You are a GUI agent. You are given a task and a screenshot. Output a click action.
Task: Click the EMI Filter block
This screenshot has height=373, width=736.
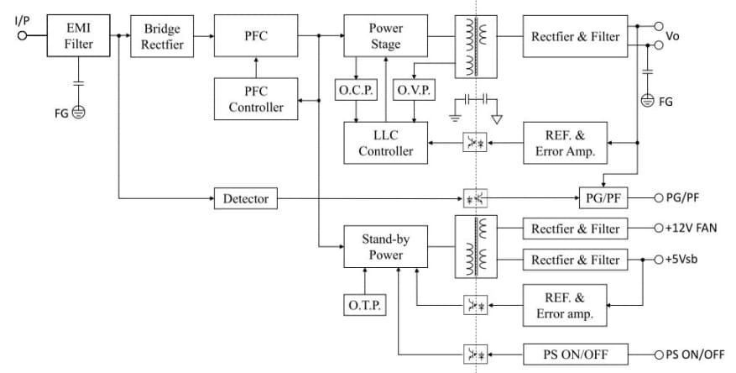point(79,36)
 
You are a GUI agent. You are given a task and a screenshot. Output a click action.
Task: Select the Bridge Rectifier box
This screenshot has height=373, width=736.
point(161,36)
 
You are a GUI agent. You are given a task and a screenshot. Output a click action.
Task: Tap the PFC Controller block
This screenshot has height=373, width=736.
point(256,98)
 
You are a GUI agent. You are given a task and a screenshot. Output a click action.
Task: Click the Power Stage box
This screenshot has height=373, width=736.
point(385,36)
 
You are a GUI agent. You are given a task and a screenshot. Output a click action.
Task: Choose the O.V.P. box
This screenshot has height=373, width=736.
point(414,91)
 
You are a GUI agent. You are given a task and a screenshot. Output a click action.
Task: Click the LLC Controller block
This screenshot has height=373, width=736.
point(385,143)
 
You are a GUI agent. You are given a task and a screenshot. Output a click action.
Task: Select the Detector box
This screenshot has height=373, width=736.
point(246,199)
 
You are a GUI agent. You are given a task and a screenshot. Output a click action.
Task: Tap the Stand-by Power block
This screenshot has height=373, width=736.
point(385,246)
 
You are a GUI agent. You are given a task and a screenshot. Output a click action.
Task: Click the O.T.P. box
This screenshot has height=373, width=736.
point(365,306)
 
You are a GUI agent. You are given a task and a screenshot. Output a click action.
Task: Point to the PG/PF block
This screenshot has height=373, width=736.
point(603,198)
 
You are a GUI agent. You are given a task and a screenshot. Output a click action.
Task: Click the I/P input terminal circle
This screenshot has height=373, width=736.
point(23,35)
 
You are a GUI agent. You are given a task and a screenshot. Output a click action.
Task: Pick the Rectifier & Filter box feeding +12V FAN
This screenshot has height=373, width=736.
point(575,229)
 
